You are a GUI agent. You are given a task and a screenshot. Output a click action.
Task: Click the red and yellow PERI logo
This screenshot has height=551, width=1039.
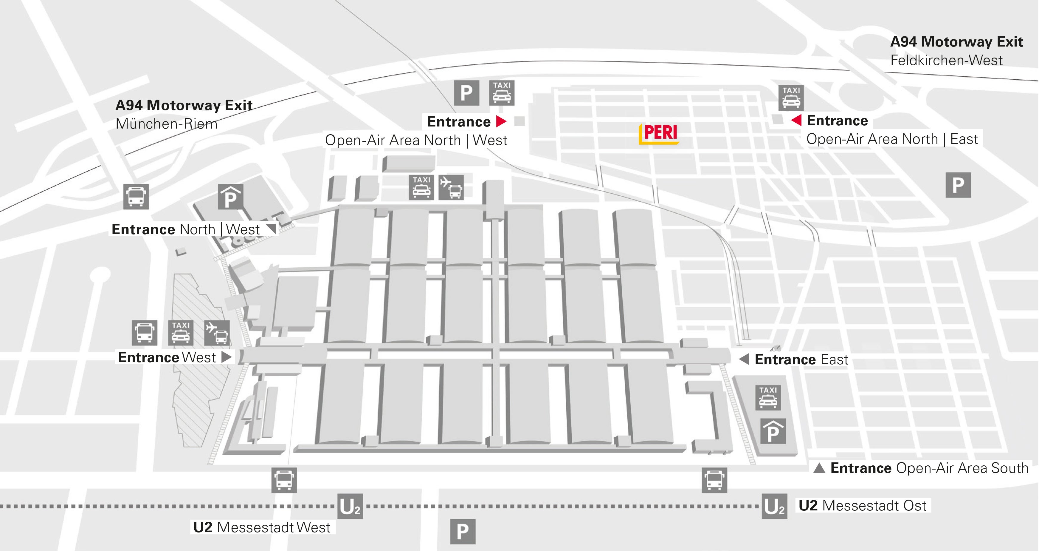pyautogui.click(x=659, y=134)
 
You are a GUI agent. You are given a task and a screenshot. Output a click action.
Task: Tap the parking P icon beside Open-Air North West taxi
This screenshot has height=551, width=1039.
pyautogui.click(x=466, y=93)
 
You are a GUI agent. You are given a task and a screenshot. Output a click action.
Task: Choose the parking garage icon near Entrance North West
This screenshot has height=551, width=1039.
pyautogui.click(x=230, y=197)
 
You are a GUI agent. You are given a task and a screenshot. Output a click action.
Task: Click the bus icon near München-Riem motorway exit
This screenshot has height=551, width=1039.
pyautogui.click(x=136, y=197)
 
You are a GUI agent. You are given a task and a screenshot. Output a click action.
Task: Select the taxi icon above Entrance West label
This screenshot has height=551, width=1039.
pyautogui.click(x=180, y=333)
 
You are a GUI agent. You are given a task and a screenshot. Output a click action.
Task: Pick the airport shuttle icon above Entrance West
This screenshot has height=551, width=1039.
pyautogui.click(x=217, y=333)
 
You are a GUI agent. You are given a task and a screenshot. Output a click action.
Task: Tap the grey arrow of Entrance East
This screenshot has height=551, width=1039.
pyautogui.click(x=744, y=359)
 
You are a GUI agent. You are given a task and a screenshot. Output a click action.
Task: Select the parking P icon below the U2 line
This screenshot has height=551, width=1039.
pyautogui.click(x=463, y=531)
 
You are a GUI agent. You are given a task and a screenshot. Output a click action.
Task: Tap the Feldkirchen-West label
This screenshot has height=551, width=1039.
pyautogui.click(x=946, y=61)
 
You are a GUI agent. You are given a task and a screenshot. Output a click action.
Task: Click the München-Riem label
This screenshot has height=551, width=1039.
pyautogui.click(x=166, y=124)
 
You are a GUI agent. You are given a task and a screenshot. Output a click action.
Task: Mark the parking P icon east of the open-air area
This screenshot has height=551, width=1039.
pyautogui.click(x=958, y=185)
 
